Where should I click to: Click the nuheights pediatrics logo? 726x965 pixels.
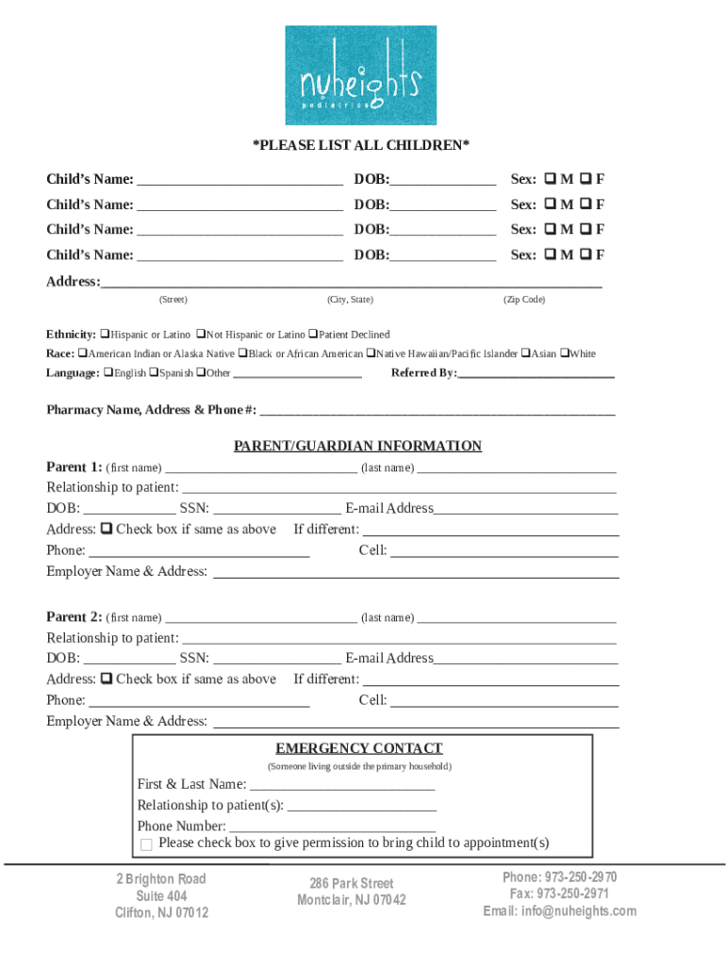click(x=361, y=75)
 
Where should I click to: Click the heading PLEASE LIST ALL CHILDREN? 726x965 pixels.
click(x=360, y=145)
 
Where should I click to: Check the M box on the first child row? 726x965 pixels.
click(x=549, y=179)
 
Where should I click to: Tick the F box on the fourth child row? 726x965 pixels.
click(x=586, y=254)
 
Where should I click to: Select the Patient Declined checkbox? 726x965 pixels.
click(x=313, y=335)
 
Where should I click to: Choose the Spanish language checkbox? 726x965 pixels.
click(x=154, y=372)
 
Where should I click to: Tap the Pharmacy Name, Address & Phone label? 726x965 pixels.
click(x=151, y=410)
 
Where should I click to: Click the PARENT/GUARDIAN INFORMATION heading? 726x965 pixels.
click(x=357, y=446)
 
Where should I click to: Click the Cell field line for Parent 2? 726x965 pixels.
click(x=504, y=700)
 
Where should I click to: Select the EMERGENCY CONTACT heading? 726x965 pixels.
click(x=358, y=748)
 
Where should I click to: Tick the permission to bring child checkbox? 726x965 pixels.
click(x=146, y=844)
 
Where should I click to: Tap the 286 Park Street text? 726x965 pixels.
click(x=352, y=883)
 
